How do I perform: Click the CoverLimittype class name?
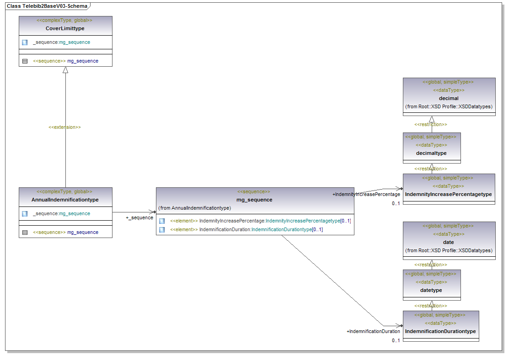click(65, 28)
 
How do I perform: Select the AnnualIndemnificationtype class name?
click(65, 200)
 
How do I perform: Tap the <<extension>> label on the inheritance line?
click(64, 127)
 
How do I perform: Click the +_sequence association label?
click(139, 217)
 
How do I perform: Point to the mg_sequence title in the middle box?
click(254, 200)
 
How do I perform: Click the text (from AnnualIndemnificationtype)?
click(194, 208)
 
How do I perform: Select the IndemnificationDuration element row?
click(247, 229)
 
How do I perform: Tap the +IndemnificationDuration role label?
click(373, 331)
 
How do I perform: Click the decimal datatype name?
click(449, 98)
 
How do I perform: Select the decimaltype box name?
click(431, 153)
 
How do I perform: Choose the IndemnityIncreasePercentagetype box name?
click(448, 194)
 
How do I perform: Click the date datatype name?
click(449, 242)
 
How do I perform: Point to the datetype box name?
click(431, 290)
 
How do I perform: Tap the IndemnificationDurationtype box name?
click(440, 331)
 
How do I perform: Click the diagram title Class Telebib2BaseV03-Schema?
click(47, 6)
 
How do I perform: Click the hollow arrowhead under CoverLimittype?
click(65, 70)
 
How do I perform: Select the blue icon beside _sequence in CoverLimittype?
click(25, 42)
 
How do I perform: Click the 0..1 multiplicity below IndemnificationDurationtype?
click(396, 340)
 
